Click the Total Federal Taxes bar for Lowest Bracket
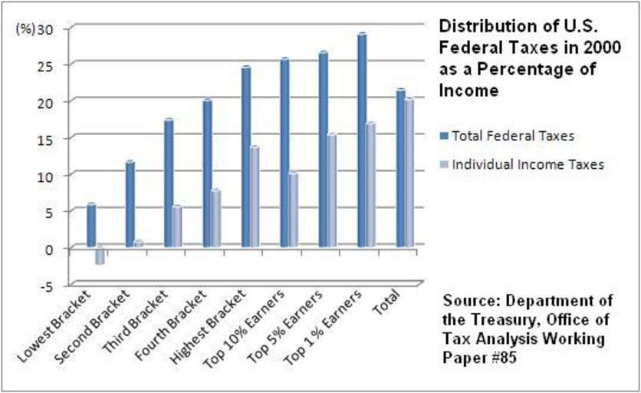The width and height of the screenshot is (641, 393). [91, 226]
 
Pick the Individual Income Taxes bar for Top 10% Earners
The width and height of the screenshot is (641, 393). [293, 210]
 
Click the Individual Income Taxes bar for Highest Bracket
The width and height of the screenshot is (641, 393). [255, 196]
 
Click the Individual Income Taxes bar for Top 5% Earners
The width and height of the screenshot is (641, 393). [331, 190]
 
